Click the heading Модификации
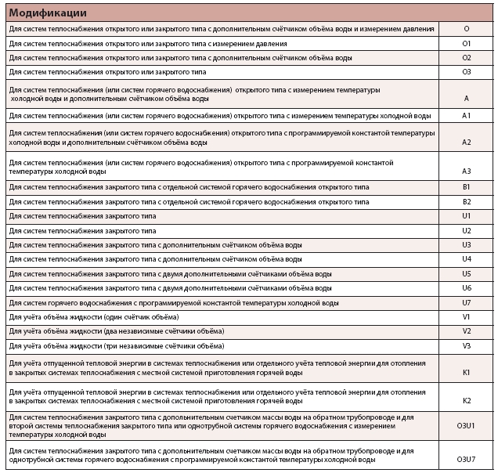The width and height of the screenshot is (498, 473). pos(48,13)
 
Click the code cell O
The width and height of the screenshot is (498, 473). pos(466,29)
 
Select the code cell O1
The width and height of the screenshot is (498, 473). pos(466,44)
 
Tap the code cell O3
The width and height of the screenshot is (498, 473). pos(466,72)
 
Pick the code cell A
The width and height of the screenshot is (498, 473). pos(466,99)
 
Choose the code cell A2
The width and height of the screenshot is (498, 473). pos(466,142)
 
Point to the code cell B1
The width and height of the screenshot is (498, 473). pos(466,187)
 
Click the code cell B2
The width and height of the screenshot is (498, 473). pos(466,202)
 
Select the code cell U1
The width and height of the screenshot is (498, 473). pos(466,216)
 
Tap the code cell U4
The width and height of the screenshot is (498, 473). pos(466,259)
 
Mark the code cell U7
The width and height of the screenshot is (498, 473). pos(466,302)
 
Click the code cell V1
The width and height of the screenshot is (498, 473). pos(466,316)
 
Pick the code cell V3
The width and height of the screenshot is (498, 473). pos(466,345)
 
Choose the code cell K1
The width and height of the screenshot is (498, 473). pos(466,372)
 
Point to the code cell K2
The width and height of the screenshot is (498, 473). pos(466,401)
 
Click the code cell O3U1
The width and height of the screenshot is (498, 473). pos(466,425)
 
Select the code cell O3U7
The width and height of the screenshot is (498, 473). pos(466,458)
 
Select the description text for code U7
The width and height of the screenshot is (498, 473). pos(174,302)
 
